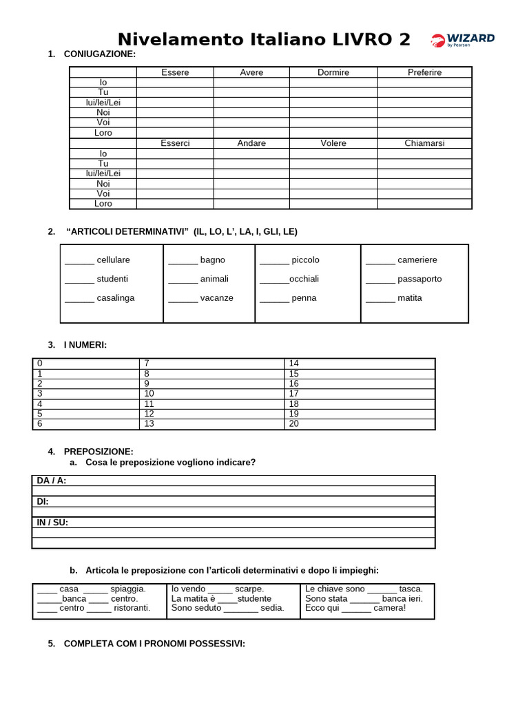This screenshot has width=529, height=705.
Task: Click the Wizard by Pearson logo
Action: [x=463, y=40]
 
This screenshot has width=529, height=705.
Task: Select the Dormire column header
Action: [x=333, y=72]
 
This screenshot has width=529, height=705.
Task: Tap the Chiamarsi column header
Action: [x=424, y=143]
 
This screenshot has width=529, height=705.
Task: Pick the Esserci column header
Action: [x=175, y=143]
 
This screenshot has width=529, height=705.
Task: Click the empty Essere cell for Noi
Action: [x=175, y=112]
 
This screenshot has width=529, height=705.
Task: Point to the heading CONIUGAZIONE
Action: [x=100, y=54]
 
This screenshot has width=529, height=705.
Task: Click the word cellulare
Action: [x=114, y=260]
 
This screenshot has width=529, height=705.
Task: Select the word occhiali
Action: [x=304, y=279]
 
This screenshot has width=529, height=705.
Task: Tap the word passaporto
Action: [x=419, y=279]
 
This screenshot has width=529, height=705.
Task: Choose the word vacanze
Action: [x=217, y=298]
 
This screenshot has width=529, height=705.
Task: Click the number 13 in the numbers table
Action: [x=149, y=424]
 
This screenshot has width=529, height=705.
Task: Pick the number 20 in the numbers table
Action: [x=294, y=424]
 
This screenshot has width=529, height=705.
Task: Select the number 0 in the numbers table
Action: [x=40, y=364]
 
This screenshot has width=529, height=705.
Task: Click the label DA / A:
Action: [x=52, y=481]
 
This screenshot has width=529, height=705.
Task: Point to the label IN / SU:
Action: [x=52, y=523]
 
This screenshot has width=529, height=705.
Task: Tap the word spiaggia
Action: [x=128, y=589]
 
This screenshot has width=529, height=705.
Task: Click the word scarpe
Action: [x=249, y=589]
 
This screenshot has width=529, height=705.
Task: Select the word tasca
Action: [x=411, y=589]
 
